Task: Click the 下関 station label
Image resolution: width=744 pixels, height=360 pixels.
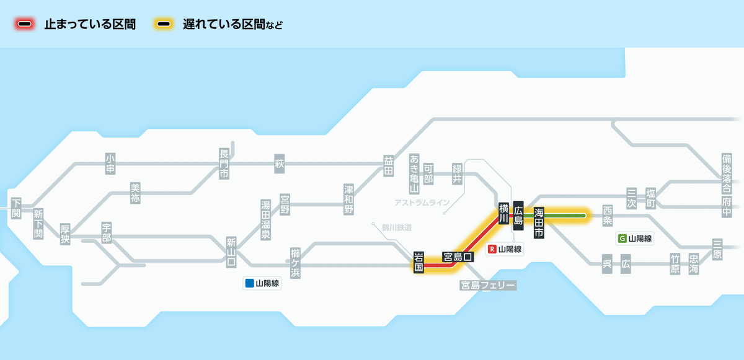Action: (16, 208)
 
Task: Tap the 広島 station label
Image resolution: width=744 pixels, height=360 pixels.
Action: (519, 212)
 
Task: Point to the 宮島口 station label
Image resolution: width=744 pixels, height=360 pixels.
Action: (458, 257)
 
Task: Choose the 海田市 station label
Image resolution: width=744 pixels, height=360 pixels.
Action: (539, 222)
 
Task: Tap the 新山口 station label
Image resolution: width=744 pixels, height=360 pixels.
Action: (231, 252)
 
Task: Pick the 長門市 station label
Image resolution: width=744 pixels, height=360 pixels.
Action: (224, 164)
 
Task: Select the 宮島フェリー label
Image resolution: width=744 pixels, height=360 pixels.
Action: (488, 285)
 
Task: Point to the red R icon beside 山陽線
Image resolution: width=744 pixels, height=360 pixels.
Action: (493, 250)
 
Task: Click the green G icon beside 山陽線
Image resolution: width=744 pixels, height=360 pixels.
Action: (622, 238)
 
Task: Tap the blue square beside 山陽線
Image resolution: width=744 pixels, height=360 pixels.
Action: (249, 284)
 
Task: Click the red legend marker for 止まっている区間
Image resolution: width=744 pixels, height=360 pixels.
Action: (25, 25)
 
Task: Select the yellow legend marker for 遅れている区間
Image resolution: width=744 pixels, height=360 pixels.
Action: (164, 25)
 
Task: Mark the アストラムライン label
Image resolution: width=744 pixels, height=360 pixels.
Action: (422, 203)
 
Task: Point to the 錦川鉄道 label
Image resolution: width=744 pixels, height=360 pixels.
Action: (397, 228)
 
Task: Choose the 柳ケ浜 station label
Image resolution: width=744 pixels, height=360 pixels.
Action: (296, 263)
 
